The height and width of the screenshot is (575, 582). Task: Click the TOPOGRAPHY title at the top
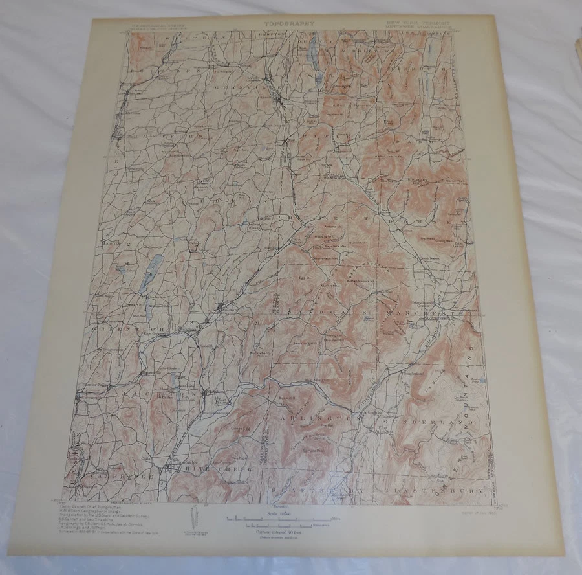point(289,24)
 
